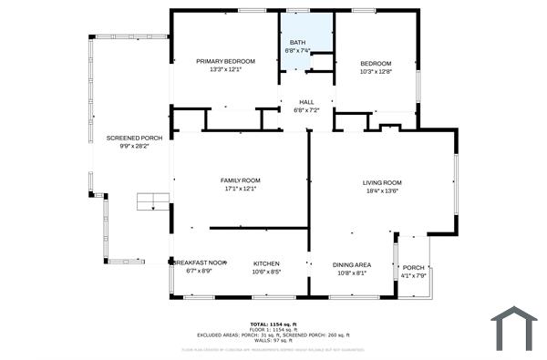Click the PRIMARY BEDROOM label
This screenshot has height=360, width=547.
tap(225, 61)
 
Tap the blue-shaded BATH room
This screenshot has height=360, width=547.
tap(297, 36)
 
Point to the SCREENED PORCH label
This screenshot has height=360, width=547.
tap(134, 138)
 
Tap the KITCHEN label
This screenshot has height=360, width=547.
tap(265, 263)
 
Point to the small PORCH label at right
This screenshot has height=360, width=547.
tap(413, 268)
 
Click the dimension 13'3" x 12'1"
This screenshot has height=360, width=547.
tap(225, 69)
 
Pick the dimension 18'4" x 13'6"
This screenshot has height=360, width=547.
tap(382, 190)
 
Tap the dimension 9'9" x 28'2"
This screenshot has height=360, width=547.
tap(134, 146)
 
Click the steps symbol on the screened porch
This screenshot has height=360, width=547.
tap(153, 201)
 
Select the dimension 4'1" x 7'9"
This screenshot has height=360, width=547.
tap(413, 276)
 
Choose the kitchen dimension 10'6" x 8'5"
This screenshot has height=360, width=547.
tap(265, 272)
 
